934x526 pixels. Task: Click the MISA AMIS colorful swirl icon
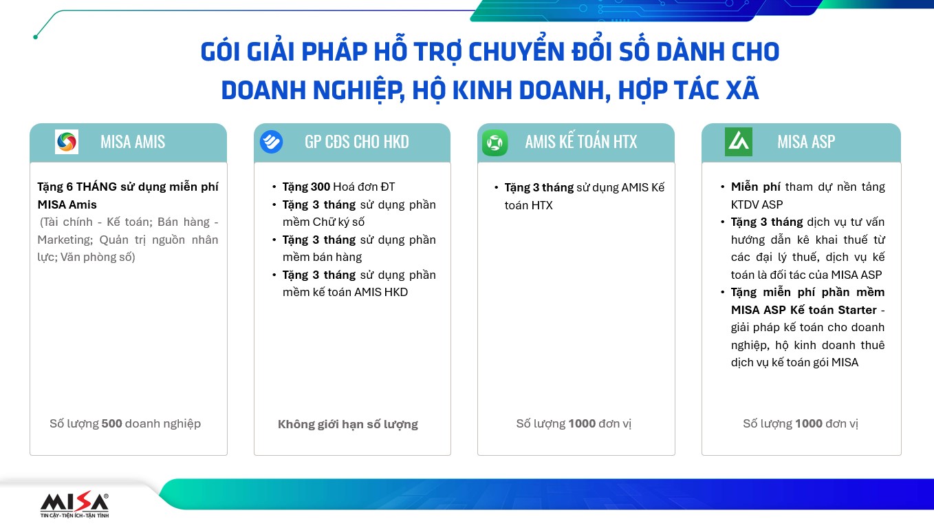[67, 142]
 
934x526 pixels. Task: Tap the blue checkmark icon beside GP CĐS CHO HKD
[272, 142]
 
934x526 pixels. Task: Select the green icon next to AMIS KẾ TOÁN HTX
[495, 143]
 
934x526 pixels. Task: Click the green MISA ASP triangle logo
[739, 142]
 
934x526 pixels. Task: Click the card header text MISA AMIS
[133, 142]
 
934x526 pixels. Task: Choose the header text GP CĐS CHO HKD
[356, 142]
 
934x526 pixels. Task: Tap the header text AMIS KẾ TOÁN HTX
[581, 142]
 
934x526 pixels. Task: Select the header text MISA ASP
[806, 142]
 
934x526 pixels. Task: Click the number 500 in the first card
[111, 423]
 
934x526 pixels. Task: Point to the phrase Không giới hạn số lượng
[348, 425]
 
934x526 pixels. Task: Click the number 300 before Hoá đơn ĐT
[321, 187]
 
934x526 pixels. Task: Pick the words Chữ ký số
[338, 222]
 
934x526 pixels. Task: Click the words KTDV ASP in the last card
[757, 204]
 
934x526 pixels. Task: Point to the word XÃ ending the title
[742, 90]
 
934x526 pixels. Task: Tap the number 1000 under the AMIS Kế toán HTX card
[582, 423]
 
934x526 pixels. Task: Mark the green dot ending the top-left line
[36, 37]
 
